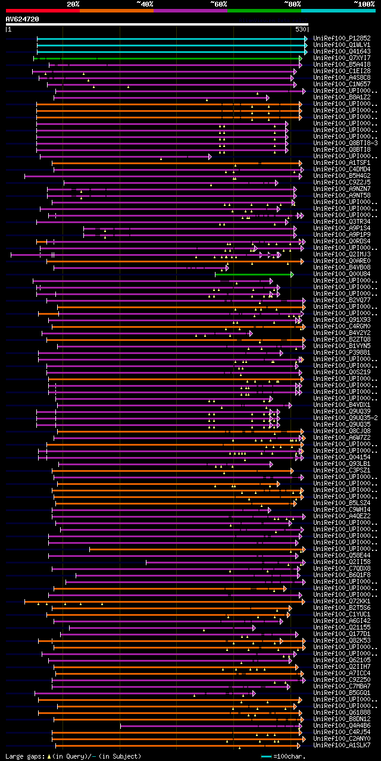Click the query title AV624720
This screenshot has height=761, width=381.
click(x=23, y=19)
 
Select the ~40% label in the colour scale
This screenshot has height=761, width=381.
click(x=145, y=4)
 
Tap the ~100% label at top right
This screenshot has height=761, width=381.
click(x=364, y=4)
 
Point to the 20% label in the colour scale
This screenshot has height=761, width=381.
click(x=73, y=4)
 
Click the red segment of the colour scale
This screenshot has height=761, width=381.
click(x=42, y=11)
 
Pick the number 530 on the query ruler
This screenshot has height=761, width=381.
click(x=301, y=29)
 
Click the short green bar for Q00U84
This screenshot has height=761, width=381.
click(x=254, y=274)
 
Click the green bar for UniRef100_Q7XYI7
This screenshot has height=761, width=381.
click(x=167, y=58)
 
